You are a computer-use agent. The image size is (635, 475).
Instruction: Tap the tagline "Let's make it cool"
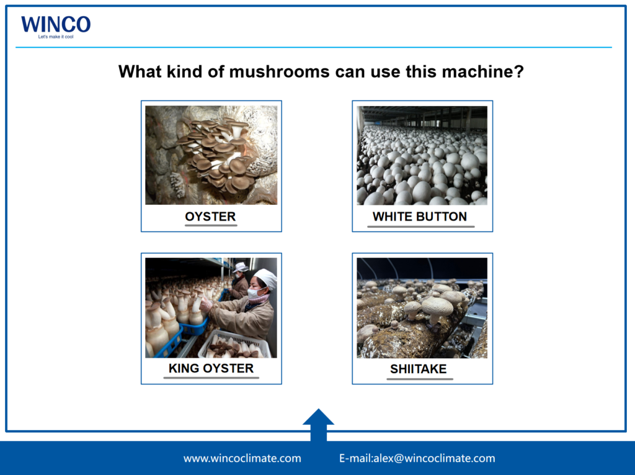[x=56, y=37]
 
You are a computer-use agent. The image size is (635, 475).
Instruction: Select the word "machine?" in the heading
[x=482, y=72]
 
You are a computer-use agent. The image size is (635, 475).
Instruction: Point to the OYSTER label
[x=211, y=217]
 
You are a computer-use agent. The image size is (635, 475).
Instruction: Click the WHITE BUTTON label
[x=420, y=217]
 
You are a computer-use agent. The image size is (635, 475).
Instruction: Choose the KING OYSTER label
[x=211, y=368]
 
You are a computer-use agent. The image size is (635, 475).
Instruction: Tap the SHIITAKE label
[x=419, y=369]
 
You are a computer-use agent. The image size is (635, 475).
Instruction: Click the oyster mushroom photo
[x=211, y=155]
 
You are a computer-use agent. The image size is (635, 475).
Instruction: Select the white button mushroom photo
[x=422, y=155]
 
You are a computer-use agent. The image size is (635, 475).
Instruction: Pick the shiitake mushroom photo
[x=422, y=308]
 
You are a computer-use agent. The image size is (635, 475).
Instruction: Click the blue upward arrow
[x=318, y=425]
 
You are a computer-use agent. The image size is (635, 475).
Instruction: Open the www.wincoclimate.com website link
[x=242, y=458]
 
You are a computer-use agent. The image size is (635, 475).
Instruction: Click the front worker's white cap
[x=265, y=278]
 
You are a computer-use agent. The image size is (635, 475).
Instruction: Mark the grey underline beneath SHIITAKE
[x=420, y=379]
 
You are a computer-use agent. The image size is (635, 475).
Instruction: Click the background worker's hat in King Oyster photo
[x=241, y=267]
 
